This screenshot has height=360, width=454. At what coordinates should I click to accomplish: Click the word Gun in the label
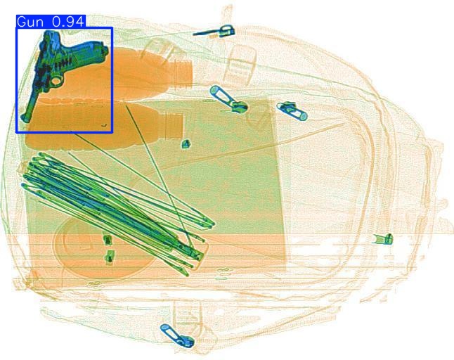(x=30, y=22)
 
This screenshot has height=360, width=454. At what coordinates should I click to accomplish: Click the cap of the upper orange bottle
(x=184, y=70)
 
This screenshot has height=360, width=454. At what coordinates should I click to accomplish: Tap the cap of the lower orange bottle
(x=175, y=124)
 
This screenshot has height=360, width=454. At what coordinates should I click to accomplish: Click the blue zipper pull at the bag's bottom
(x=176, y=335)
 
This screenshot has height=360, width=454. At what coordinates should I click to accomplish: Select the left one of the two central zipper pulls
(x=228, y=99)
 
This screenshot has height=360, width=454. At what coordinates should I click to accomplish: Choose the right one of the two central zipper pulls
(x=291, y=110)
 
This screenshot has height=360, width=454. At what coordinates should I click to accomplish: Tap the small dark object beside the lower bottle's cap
(x=186, y=144)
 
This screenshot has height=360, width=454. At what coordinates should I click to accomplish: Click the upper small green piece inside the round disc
(x=108, y=240)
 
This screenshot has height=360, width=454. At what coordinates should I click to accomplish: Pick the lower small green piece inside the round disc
(x=109, y=257)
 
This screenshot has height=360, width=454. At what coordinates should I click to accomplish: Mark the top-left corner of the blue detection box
(x=17, y=28)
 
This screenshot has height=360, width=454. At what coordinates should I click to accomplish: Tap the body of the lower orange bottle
(x=105, y=125)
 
